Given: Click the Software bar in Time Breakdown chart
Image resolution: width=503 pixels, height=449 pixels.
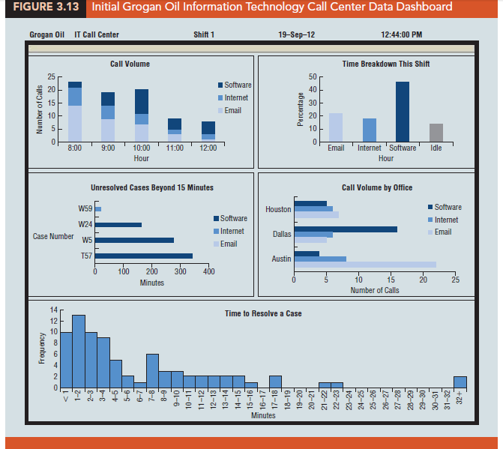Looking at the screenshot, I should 403,112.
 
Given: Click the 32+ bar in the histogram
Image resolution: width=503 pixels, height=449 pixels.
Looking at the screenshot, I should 460,382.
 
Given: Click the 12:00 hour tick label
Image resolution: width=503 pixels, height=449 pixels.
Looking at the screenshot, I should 208,148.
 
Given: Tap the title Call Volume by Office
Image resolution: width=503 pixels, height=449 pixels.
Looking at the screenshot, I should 376,187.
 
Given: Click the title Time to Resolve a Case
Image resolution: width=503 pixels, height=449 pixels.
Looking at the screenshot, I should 263,313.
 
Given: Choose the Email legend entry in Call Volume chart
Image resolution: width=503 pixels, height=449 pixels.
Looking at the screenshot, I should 232,111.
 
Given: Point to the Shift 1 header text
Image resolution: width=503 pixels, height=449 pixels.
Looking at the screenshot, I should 203,35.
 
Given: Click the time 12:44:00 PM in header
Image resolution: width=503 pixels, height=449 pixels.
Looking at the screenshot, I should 401,35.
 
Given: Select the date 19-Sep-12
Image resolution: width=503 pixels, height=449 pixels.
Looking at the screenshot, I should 295,35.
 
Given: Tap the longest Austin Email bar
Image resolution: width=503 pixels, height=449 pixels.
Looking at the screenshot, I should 365,264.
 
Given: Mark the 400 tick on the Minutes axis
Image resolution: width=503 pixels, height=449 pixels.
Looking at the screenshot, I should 208,271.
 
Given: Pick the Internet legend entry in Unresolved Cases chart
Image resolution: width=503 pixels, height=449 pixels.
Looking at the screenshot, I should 233,231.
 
